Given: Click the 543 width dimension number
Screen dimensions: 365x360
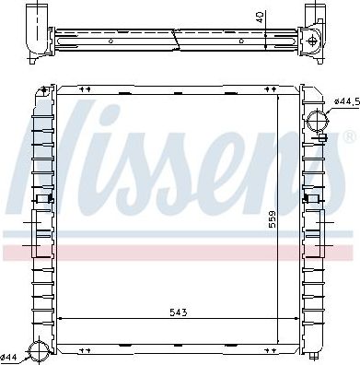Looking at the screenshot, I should click(179, 313).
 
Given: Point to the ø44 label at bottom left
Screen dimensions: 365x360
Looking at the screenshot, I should click(9, 356).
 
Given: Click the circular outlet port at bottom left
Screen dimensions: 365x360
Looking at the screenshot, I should click(40, 350).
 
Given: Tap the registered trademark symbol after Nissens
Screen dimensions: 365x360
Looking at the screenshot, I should click(349, 137).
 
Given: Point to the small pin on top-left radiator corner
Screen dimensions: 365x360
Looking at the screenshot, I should click(44, 89).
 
